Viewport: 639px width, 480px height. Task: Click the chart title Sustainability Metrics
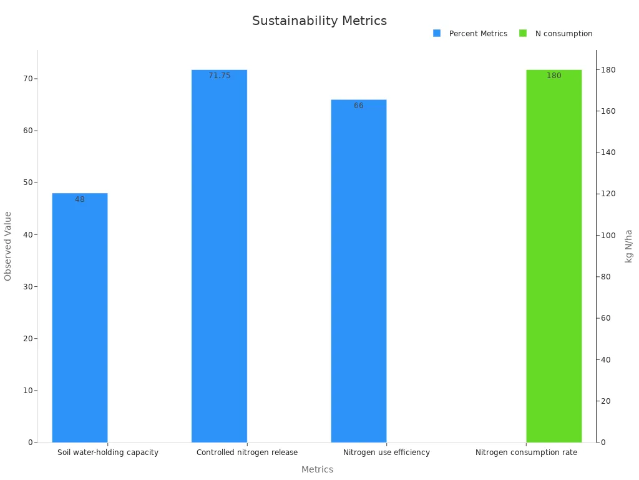coord(319,21)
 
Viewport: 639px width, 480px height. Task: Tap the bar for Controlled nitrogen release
coord(219,256)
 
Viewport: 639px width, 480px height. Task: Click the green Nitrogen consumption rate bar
coord(554,256)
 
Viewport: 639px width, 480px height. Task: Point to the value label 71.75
coord(219,76)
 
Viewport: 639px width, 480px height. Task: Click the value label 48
coord(80,199)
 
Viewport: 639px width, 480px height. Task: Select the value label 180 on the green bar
coord(554,76)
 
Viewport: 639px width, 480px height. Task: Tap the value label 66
coord(359,106)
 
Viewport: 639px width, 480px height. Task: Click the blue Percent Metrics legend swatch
coord(437,33)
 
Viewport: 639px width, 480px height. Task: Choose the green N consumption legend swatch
coord(523,33)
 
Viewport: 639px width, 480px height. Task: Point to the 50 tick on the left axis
coord(29,182)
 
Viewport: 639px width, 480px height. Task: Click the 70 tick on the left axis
coord(29,79)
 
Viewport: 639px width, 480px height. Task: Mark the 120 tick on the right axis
coord(607,194)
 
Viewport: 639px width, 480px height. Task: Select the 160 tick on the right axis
coord(607,111)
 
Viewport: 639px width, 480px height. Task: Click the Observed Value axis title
coord(8,246)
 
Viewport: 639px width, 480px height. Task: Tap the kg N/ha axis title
coord(628,246)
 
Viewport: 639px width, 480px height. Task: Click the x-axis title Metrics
coord(317,469)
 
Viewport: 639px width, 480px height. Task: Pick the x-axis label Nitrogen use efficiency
coord(386,452)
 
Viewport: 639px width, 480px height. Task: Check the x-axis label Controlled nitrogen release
coord(247,452)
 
